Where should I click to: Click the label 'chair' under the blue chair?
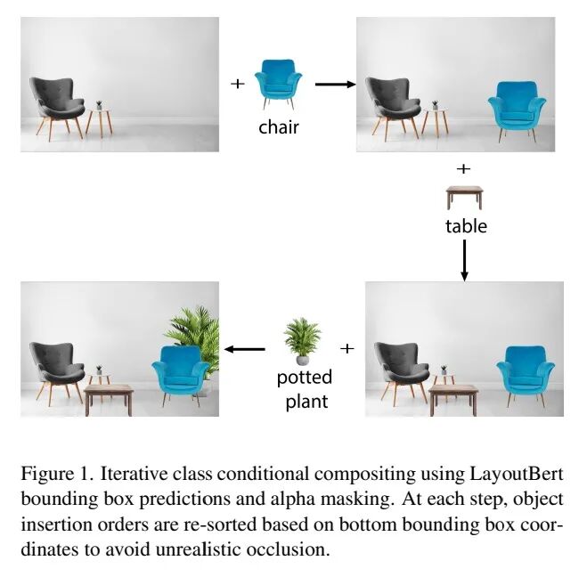279,126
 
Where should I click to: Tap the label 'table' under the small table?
466,226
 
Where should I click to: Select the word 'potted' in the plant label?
303,377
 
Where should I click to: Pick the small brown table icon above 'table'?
464,196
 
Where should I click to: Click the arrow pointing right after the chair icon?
334,85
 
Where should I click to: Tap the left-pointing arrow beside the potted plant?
244,349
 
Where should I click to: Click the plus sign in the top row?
237,84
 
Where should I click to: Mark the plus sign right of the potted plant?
347,348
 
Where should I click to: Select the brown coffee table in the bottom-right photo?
453,397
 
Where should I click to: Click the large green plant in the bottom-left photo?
193,337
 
